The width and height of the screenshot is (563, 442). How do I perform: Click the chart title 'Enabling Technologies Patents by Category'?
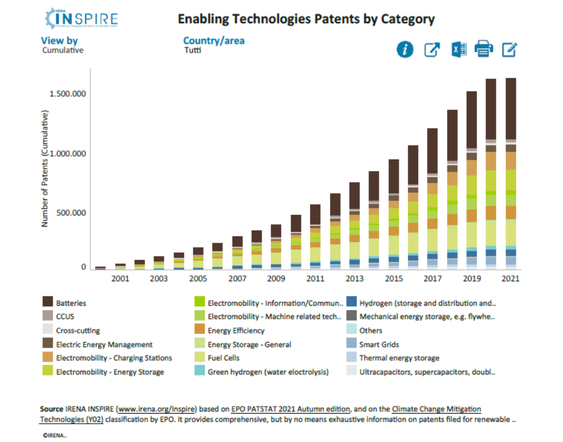(306, 19)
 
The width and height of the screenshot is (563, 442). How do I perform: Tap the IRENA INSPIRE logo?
(80, 18)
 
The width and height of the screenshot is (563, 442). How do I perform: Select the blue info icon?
(405, 50)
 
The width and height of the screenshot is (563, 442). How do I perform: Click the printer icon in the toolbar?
(484, 50)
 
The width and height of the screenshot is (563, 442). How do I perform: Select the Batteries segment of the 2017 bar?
(433, 151)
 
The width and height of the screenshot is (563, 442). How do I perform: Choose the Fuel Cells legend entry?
(223, 358)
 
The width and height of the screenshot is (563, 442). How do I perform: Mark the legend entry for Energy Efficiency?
(235, 330)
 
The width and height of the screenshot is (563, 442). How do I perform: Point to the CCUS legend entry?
(65, 317)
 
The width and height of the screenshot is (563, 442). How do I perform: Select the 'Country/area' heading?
(214, 40)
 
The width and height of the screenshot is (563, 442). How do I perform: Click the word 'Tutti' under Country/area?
(192, 50)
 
